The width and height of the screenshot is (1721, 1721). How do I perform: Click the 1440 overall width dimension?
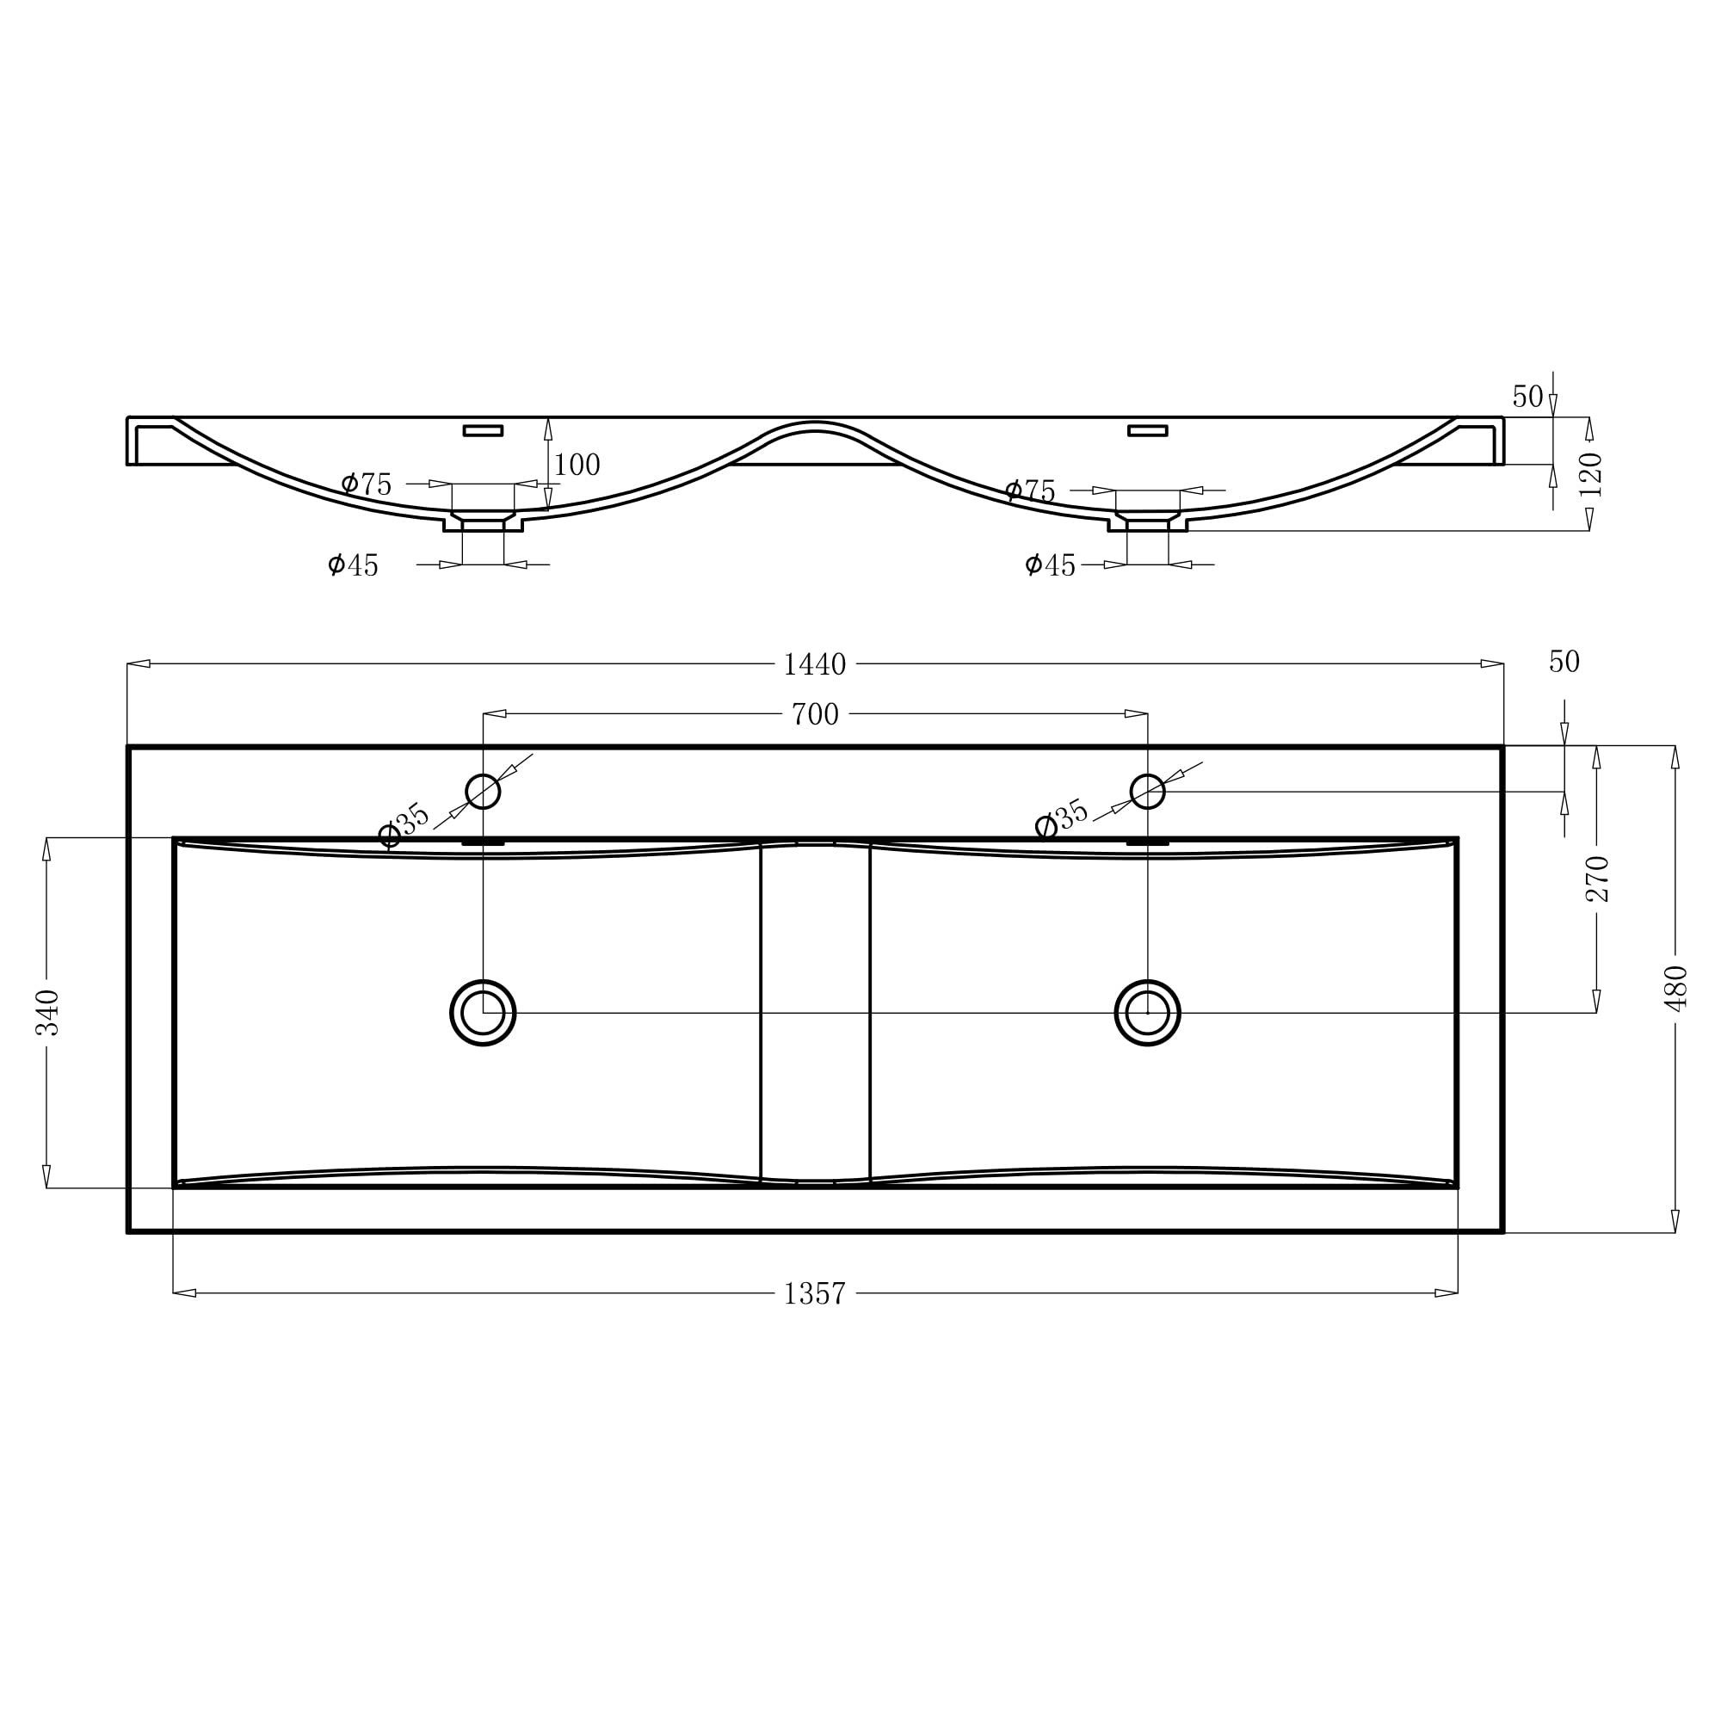point(814,664)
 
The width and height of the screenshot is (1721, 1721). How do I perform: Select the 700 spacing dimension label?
point(815,714)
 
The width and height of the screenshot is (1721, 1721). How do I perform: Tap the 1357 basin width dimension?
point(814,1293)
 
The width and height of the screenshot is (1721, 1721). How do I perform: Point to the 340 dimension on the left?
point(47,1013)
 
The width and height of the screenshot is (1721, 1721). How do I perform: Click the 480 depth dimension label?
point(1675,988)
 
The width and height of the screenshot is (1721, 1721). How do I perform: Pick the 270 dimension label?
point(1597,879)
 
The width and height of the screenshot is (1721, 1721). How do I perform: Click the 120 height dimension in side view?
point(1590,475)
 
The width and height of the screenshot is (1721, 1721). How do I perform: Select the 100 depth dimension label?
point(577,465)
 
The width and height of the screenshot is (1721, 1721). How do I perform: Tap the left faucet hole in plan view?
point(483,791)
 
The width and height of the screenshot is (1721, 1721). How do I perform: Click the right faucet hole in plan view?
point(1147,791)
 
